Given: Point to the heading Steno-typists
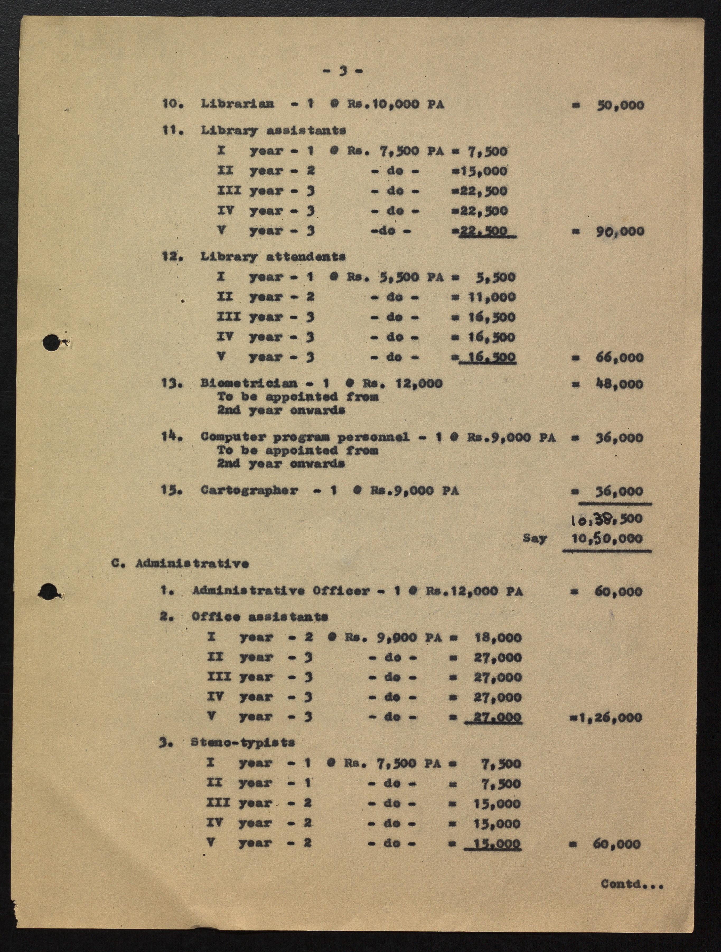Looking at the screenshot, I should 243,742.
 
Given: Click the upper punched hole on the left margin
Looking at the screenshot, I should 51,343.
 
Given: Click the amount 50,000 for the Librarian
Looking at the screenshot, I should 620,105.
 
